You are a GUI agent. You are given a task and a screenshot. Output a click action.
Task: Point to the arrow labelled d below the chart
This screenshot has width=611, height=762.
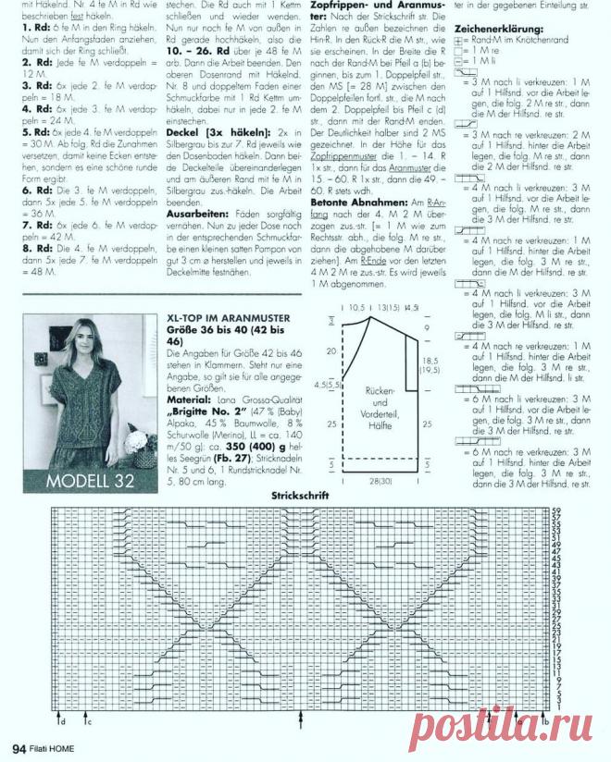coord(61,717)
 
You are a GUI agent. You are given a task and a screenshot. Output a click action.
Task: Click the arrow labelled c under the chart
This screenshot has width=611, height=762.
coord(85,717)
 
